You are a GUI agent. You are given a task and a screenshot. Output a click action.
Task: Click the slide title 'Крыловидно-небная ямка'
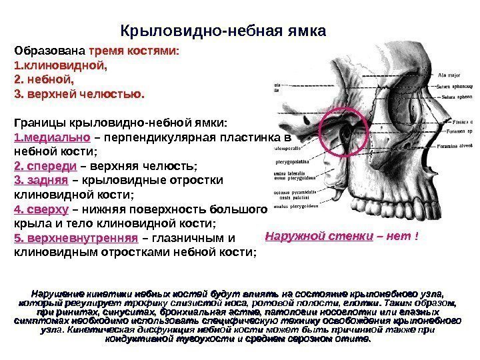click(223, 31)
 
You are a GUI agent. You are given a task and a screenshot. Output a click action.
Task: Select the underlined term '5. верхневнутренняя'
click(75, 238)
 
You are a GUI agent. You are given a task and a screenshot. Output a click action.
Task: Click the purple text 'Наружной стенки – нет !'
click(341, 235)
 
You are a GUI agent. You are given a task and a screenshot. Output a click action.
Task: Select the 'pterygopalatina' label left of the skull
click(293, 161)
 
